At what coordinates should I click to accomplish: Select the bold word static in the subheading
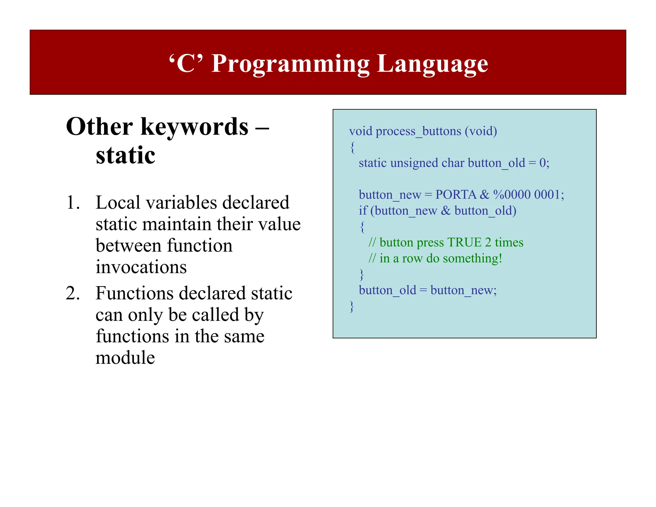tap(125, 155)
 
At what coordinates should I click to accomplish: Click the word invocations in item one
tap(141, 267)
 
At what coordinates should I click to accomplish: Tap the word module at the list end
tap(125, 358)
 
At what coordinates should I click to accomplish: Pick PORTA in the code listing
tap(456, 195)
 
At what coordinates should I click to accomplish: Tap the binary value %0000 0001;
tap(528, 195)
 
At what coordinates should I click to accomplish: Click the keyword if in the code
tap(363, 211)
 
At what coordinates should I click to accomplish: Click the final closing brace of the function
tap(352, 306)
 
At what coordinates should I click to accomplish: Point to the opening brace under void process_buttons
tap(352, 147)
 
